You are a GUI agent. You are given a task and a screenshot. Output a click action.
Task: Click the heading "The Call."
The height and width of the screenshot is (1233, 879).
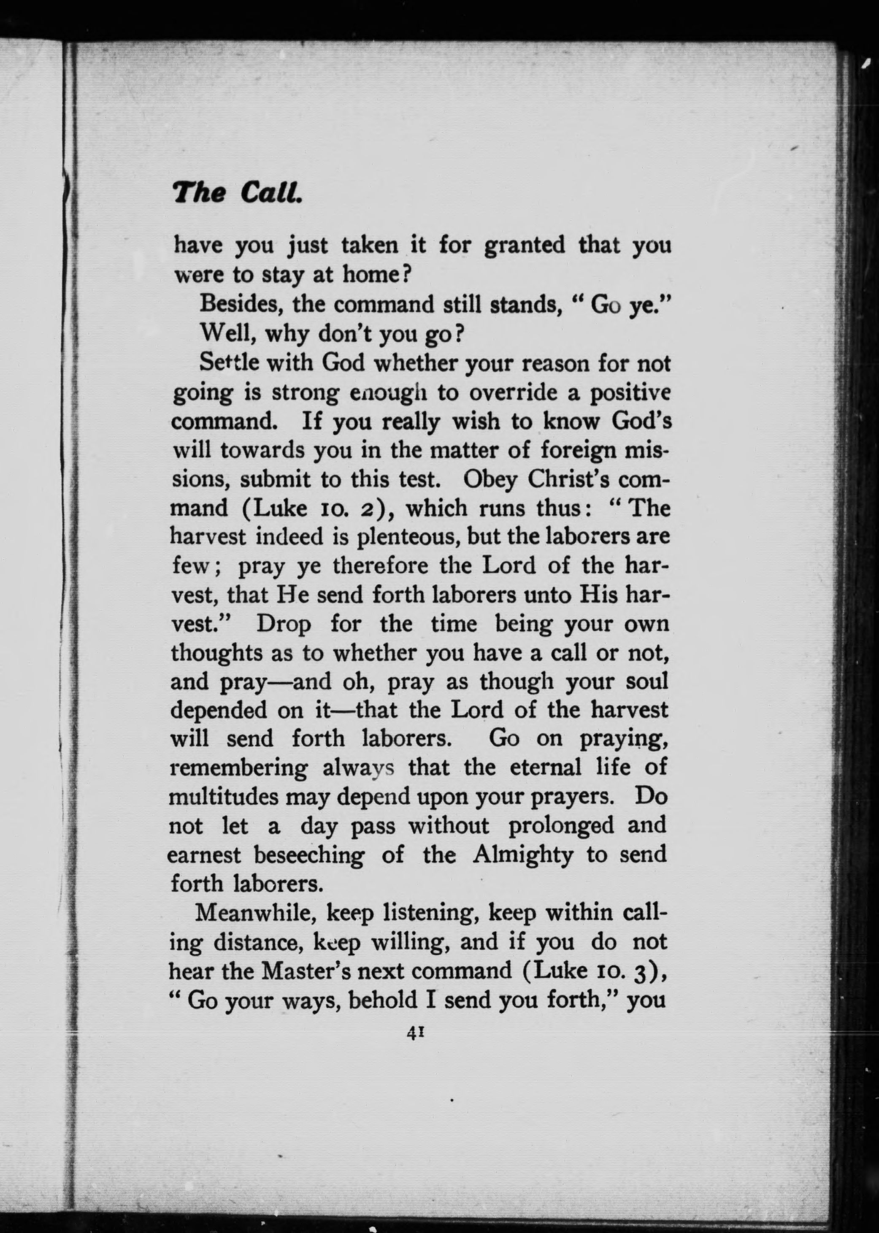point(237,192)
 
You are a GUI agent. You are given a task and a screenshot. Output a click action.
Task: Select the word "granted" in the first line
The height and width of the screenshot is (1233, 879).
point(523,245)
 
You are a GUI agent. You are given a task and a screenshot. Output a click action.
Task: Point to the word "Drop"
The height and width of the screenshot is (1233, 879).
point(284,624)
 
